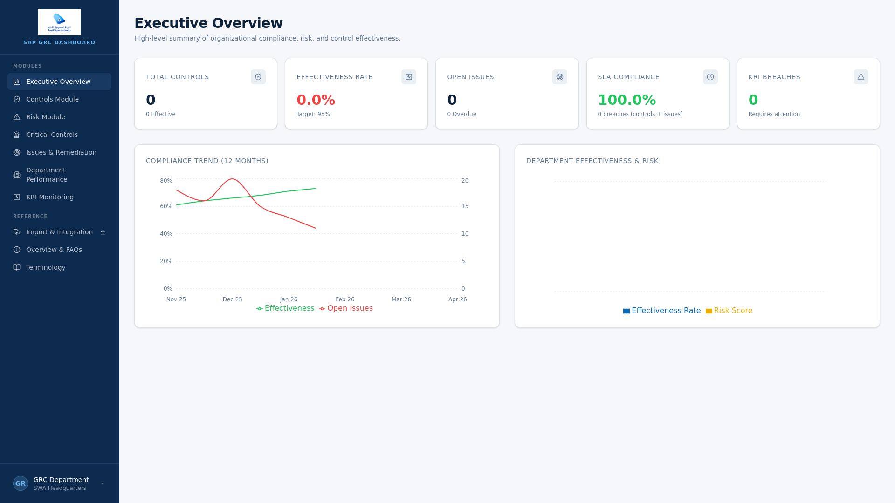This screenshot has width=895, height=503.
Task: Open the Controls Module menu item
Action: pos(52,99)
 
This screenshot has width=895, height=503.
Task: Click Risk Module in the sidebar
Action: pos(46,117)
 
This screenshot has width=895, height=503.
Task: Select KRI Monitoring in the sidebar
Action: pos(50,197)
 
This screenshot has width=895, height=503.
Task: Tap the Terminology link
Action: pos(46,267)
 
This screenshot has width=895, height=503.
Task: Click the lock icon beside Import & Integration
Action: pos(103,232)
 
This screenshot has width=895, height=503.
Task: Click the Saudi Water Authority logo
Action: pos(59,22)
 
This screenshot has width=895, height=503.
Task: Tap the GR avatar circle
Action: pos(21,483)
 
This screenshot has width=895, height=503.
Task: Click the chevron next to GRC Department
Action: pos(103,483)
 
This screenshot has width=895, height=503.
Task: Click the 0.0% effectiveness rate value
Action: pos(316,100)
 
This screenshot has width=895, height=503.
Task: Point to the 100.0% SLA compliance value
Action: pos(626,100)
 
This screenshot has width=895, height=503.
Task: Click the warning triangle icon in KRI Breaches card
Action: pos(861,77)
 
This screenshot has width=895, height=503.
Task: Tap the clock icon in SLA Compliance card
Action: pos(710,77)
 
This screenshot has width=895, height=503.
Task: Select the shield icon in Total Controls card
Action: pos(258,77)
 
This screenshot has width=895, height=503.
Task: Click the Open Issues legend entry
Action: pos(346,308)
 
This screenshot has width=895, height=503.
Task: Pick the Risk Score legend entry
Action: pos(729,311)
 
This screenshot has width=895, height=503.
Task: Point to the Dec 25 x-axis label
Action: pos(232,299)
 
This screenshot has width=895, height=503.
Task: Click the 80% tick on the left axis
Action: pos(166,181)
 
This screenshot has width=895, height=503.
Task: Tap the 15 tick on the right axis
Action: pos(465,206)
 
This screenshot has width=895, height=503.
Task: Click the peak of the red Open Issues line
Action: pos(232,179)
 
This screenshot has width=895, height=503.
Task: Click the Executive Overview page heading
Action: pos(208,23)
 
